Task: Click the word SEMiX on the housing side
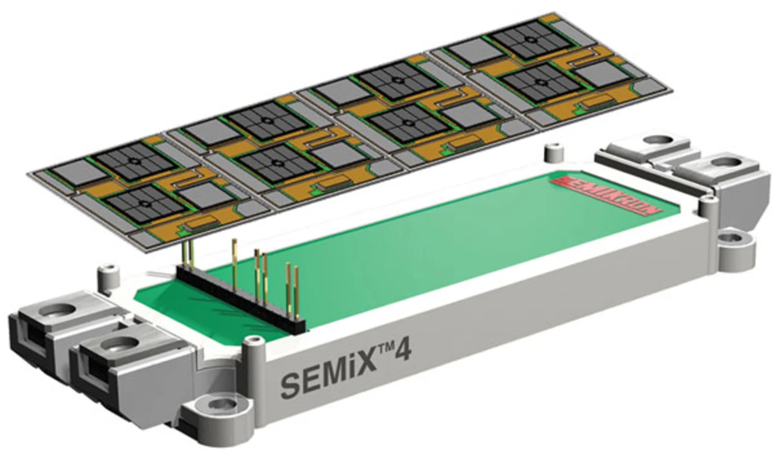[x=328, y=376]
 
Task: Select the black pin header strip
[x=241, y=299]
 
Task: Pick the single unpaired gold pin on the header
[x=235, y=265]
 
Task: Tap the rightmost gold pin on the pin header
[x=297, y=292]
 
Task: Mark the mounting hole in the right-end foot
[x=731, y=238]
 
